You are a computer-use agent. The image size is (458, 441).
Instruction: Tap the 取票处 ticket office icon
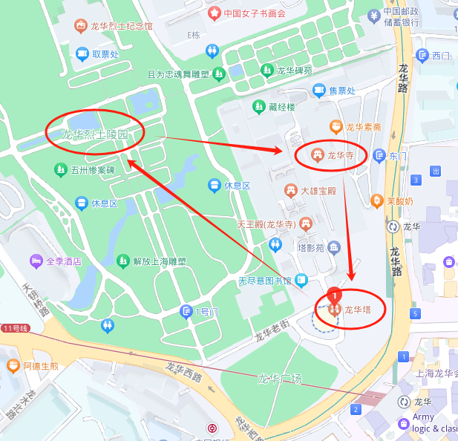[x=81, y=53]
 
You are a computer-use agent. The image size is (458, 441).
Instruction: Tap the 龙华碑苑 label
[x=295, y=71]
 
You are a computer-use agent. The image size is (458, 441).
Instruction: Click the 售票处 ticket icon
[x=319, y=91]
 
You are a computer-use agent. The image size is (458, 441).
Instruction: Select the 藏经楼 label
[x=283, y=107]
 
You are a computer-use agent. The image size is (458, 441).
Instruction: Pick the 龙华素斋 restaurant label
[x=364, y=127]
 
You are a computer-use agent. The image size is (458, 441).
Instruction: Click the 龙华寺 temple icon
[x=317, y=154]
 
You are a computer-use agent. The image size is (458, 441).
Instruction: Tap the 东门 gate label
[x=398, y=156]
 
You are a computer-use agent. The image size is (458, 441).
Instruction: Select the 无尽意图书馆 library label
[x=265, y=281]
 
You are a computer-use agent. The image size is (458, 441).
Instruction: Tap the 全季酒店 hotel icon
[x=35, y=261]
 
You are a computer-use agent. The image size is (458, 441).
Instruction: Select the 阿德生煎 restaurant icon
[x=13, y=365]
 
